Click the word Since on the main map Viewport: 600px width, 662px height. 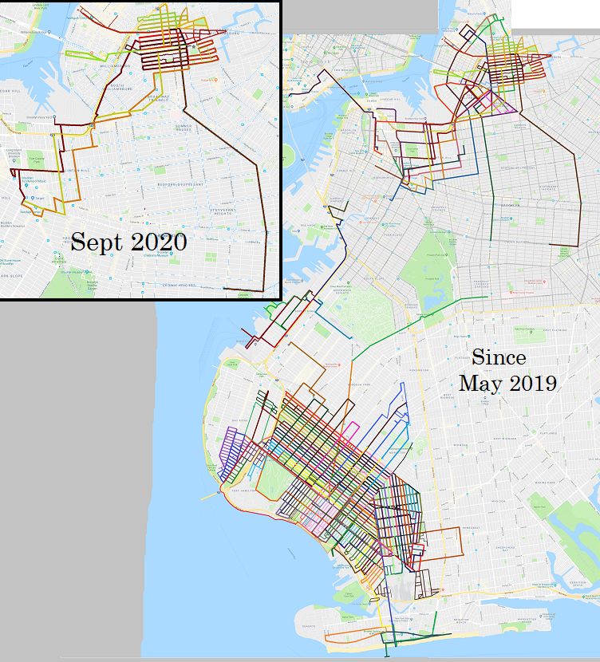click(499, 357)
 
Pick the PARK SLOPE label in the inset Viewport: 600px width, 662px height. click(12, 277)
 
